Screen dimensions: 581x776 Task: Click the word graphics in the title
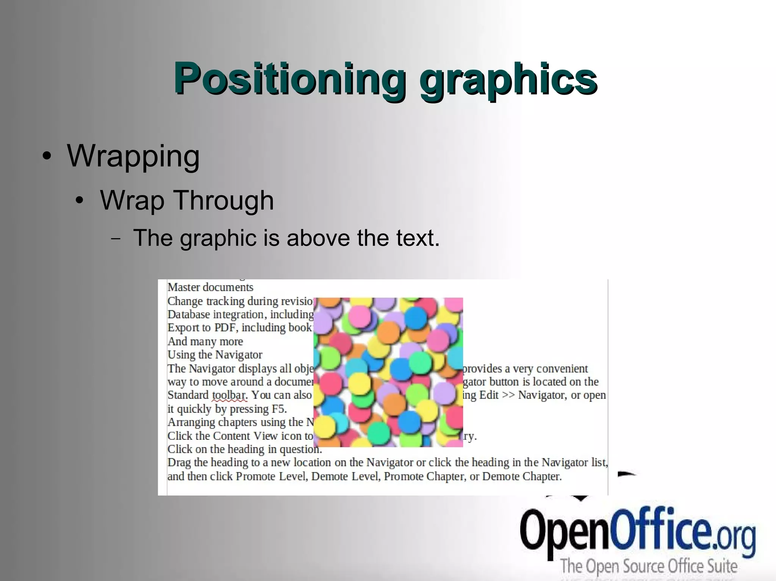508,79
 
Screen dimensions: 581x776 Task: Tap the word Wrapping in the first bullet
133,156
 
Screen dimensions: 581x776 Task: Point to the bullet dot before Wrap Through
79,200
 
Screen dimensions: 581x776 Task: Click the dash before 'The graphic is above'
116,238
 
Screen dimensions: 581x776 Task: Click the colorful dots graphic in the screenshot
388,372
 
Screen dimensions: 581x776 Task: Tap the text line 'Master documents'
210,287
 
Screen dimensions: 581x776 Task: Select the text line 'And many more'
205,341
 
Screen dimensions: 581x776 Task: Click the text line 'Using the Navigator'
215,355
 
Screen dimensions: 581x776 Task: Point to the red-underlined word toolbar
229,395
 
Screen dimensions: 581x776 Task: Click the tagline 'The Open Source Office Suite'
649,566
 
